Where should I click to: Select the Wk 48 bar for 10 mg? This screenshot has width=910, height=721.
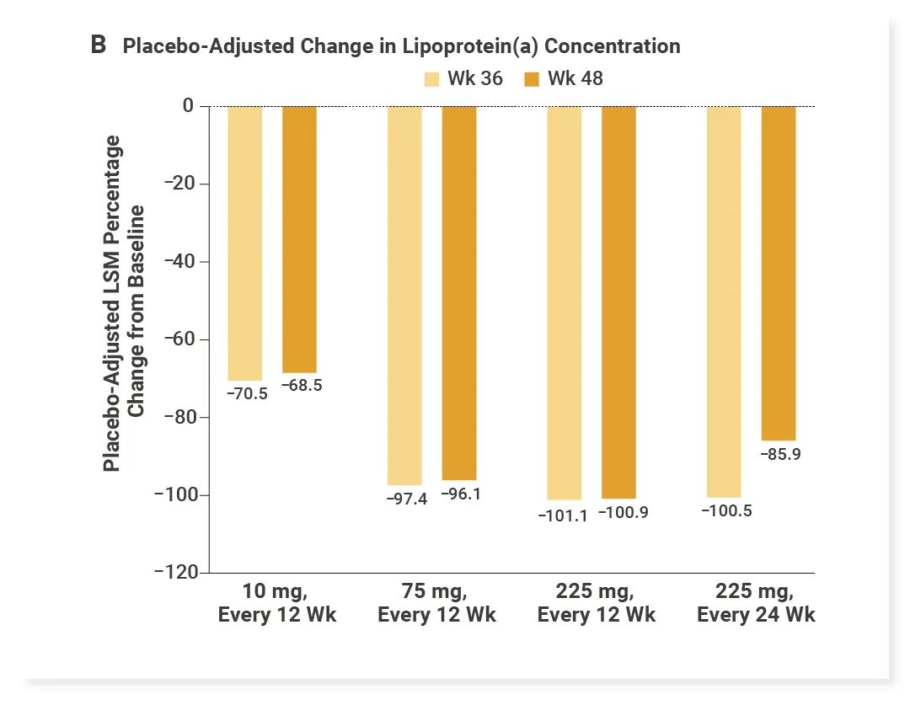299,239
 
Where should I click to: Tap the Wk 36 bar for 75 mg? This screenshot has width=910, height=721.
404,295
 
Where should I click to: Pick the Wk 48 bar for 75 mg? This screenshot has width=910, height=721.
459,292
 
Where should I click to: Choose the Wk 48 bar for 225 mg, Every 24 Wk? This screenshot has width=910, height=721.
779,273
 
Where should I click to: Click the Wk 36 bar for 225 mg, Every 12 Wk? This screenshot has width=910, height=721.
565,302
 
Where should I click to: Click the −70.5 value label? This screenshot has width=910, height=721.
246,393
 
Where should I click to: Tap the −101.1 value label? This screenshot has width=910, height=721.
563,515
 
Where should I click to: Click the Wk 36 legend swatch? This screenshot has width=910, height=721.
431,79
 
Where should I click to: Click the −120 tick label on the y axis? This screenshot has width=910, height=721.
175,572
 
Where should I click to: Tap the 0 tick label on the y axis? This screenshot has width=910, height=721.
188,106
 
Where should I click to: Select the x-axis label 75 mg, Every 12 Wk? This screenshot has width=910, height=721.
436,601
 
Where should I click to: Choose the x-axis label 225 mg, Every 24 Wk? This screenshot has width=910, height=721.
756,601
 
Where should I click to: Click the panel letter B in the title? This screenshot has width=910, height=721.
99,45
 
